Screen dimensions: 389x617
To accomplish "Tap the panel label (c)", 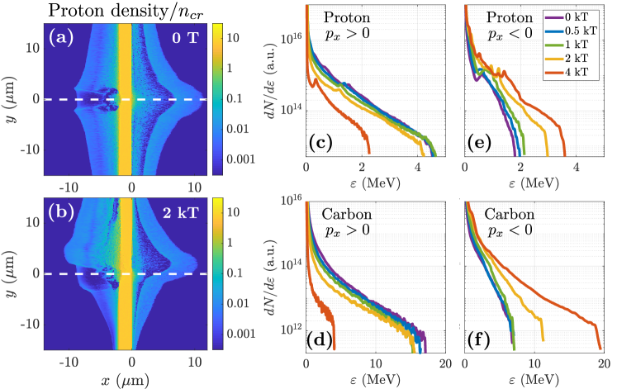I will coord(319,144).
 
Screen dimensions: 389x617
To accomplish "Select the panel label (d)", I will coord(319,339).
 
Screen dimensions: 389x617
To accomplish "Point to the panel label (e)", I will coord(477,144).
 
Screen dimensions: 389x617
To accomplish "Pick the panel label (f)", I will coord(477,339).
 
